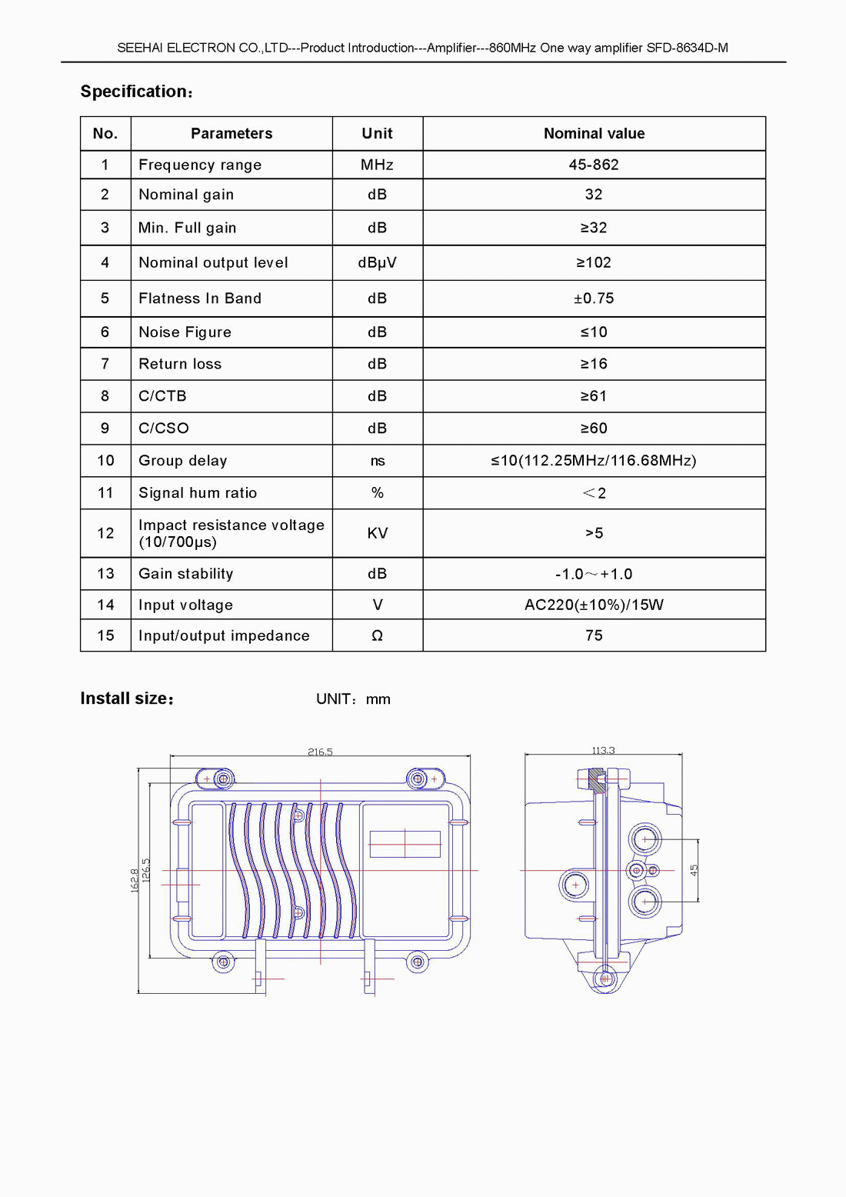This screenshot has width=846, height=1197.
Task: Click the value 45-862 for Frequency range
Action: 594,165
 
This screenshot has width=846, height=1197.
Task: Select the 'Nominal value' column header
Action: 594,133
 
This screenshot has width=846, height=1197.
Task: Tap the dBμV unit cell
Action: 377,262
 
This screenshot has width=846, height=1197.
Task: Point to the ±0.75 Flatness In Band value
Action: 594,298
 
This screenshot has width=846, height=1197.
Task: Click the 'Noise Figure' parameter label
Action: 185,332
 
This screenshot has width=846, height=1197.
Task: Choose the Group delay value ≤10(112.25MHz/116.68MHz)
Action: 594,461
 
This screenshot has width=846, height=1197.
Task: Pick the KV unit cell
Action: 377,533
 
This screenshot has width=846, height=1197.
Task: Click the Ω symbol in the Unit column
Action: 377,635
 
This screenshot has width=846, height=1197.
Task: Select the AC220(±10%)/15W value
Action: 594,605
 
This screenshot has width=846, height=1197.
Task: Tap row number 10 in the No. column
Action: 105,461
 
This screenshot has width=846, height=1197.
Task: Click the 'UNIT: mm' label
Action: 353,699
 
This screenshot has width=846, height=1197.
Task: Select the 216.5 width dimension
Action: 320,752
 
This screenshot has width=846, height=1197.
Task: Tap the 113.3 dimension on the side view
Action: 603,750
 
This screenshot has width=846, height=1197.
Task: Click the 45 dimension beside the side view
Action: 694,870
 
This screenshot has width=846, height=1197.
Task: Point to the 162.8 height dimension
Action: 135,880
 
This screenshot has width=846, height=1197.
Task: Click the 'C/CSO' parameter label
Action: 163,428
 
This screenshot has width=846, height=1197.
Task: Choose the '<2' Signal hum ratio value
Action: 594,493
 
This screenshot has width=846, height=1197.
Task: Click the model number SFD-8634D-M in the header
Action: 687,48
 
